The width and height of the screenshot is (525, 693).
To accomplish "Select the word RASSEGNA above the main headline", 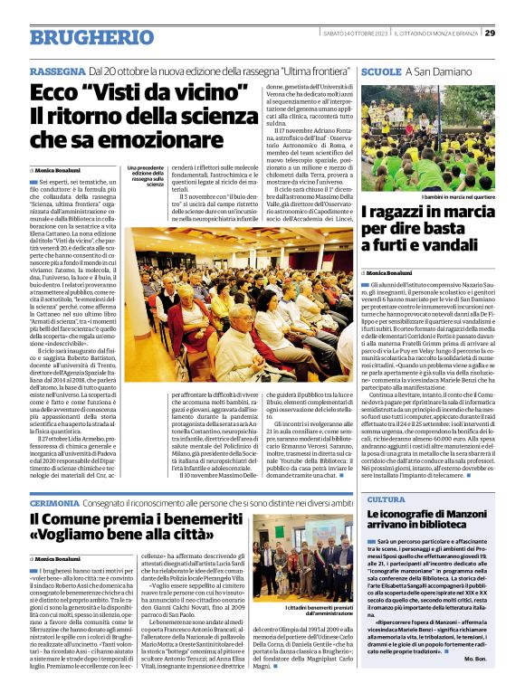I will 57,71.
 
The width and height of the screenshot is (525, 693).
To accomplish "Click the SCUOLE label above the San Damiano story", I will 380,71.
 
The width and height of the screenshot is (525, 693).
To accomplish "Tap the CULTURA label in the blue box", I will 386,499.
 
